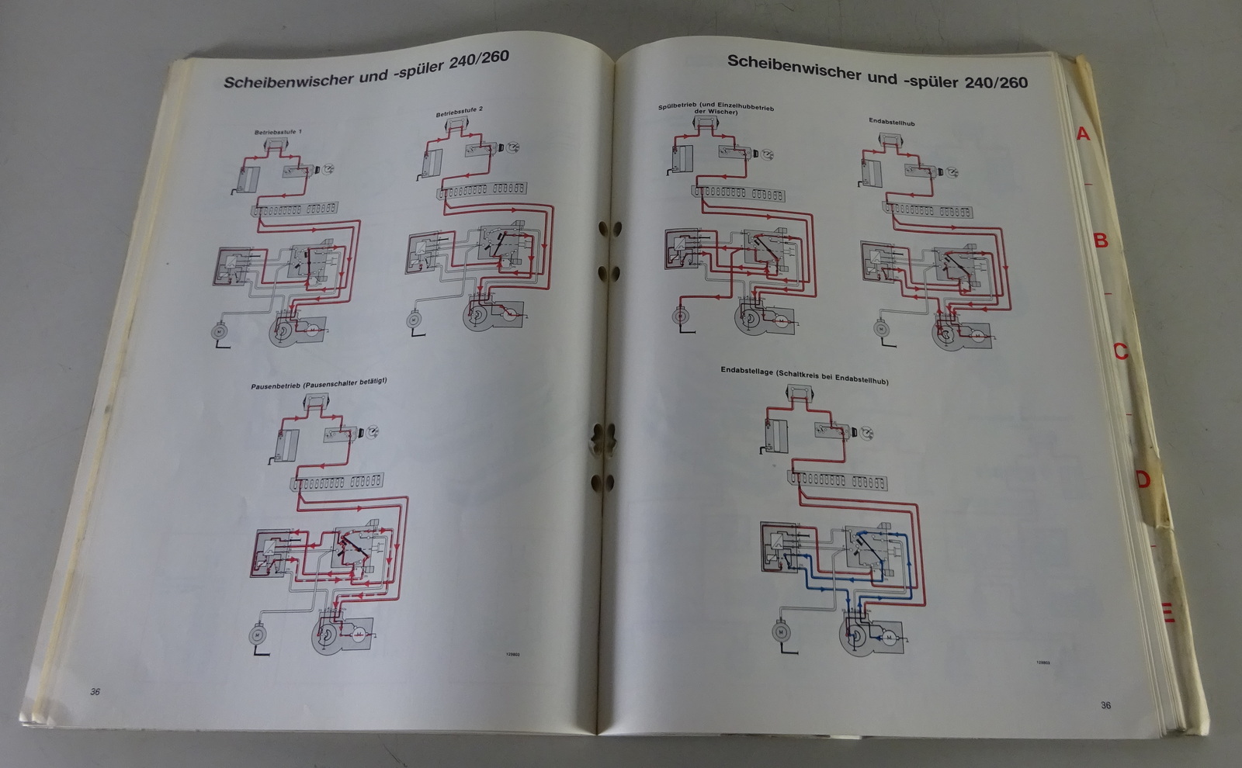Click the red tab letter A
point(1083,134)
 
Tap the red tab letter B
point(1101,240)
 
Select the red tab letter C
point(1120,351)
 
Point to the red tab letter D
point(1143,479)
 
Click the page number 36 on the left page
point(95,692)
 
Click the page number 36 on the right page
point(1105,705)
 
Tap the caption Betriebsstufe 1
point(278,132)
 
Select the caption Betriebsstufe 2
point(459,112)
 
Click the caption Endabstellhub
point(892,122)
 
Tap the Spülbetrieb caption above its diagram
point(716,109)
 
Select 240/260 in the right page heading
point(996,81)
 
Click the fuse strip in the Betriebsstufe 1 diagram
point(293,209)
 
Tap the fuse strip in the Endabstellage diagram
point(838,480)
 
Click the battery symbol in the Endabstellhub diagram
point(872,168)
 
